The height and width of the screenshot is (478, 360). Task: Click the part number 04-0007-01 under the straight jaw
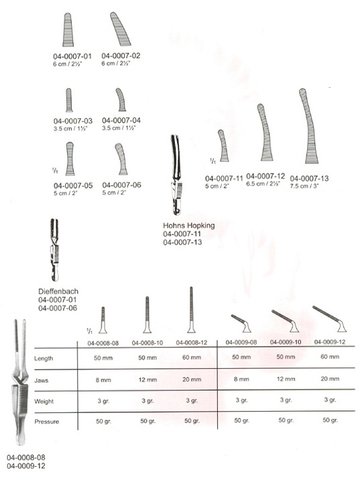click(72, 56)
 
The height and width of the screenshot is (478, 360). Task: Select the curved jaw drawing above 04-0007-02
click(121, 29)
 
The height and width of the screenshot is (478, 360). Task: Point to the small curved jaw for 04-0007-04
click(121, 100)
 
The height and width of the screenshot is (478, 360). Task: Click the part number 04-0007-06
click(121, 185)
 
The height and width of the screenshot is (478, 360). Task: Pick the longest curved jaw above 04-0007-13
click(308, 126)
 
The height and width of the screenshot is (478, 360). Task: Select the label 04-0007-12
click(265, 176)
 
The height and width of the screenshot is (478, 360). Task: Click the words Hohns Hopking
click(188, 225)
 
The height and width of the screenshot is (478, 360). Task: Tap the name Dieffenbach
click(58, 291)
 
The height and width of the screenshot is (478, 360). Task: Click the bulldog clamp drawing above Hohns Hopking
click(176, 175)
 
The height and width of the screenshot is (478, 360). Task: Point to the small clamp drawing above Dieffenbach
click(54, 249)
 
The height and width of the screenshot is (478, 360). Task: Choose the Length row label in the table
click(44, 359)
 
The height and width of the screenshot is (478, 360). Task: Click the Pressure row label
click(47, 422)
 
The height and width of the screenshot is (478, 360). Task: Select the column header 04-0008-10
click(147, 343)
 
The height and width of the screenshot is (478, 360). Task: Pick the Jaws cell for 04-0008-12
click(192, 379)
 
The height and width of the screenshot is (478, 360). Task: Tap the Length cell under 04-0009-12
click(330, 357)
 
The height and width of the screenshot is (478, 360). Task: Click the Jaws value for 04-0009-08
click(241, 379)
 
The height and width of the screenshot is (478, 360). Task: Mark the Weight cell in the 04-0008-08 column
click(103, 401)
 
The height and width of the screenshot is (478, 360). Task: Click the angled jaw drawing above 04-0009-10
click(286, 320)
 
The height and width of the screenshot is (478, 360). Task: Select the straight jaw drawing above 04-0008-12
click(191, 310)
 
